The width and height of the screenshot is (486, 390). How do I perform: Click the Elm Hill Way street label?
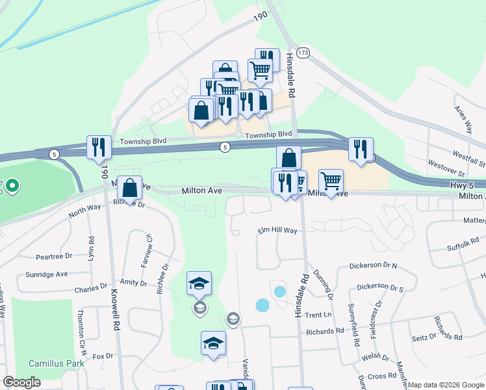[x=277, y=231]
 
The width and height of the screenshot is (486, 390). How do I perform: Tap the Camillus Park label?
[x=57, y=363]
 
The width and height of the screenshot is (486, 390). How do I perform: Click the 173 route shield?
[x=302, y=51]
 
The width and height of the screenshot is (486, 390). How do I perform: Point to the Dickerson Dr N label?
[x=373, y=266]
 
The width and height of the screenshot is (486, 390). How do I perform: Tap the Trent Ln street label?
[x=318, y=315]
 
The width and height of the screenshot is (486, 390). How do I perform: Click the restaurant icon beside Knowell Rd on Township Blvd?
[x=99, y=148]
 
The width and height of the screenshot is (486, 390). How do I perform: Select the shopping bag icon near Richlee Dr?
[x=130, y=188]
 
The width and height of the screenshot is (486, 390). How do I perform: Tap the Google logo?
[x=22, y=382]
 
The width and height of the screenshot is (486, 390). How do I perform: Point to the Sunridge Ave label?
[x=47, y=274]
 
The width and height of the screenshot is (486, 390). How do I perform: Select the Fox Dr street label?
[x=103, y=356]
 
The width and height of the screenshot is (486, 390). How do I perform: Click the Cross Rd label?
[x=382, y=376]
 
